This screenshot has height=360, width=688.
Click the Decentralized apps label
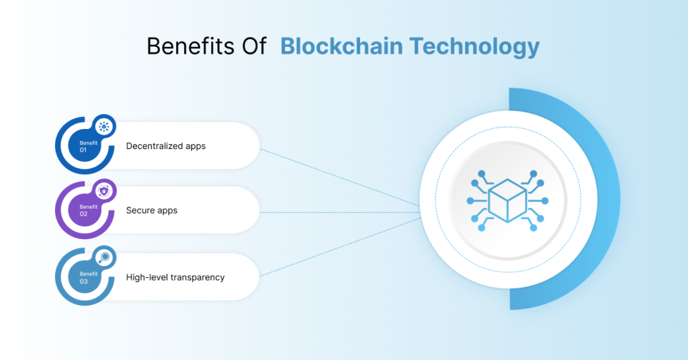[165, 146]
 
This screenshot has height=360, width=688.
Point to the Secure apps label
[152, 210]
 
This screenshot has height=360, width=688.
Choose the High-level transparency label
[175, 277]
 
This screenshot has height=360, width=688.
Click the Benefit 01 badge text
[87, 146]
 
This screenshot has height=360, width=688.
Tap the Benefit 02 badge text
[87, 211]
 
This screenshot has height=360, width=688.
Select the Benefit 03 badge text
[87, 277]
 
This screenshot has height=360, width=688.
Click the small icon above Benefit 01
[103, 126]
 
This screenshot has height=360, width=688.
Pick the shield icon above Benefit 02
[103, 191]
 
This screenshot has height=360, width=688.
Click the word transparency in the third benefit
[193, 277]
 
